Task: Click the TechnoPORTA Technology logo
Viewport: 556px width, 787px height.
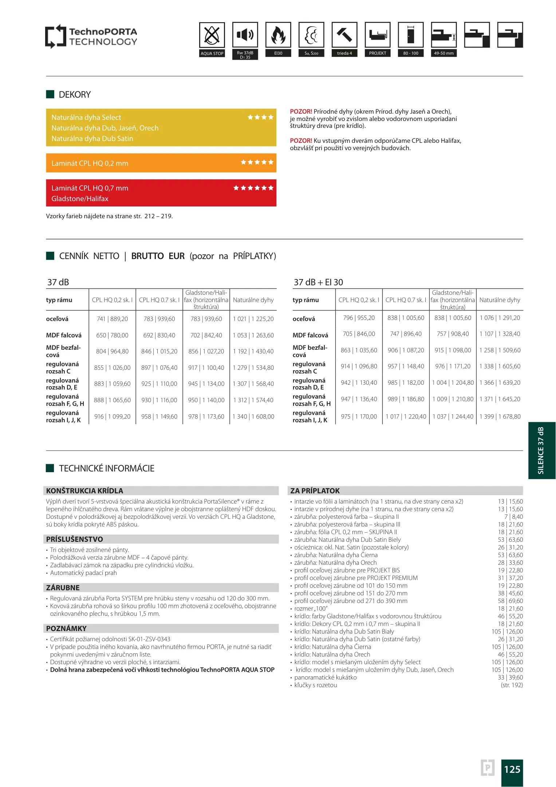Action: (91, 36)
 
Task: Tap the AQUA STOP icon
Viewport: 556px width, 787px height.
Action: (212, 35)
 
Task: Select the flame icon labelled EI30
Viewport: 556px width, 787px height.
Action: (278, 35)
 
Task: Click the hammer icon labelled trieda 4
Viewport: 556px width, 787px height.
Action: (344, 35)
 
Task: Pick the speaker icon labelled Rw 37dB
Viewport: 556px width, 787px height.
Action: (245, 35)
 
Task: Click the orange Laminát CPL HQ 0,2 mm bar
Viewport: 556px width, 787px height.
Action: (161, 163)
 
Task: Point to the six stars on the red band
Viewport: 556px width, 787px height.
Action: (253, 188)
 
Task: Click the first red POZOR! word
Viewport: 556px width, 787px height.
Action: (301, 111)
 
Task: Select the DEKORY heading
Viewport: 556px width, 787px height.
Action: (75, 95)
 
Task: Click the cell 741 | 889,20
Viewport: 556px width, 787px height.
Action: (112, 319)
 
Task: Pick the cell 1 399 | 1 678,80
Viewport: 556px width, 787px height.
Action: (500, 416)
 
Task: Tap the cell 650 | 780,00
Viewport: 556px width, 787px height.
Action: (112, 335)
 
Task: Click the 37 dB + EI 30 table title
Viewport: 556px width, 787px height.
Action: (318, 282)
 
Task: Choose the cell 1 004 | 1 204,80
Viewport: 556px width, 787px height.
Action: (453, 383)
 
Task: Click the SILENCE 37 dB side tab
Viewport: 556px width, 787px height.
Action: (541, 450)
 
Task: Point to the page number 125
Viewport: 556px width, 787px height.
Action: (512, 769)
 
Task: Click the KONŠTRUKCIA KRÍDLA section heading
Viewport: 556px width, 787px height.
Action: (85, 491)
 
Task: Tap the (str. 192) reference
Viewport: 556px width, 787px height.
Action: (512, 685)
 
